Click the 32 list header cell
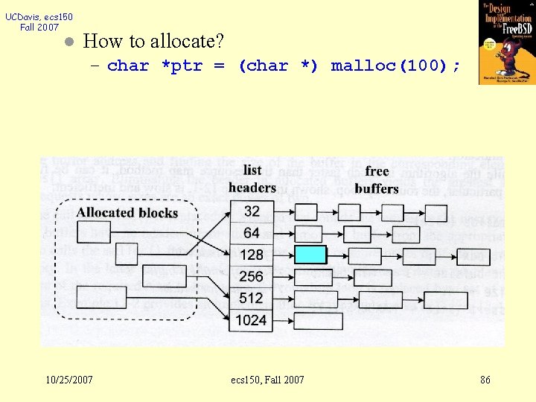tap(252, 211)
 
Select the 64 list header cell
tap(252, 233)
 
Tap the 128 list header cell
tap(252, 255)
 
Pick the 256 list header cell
tap(252, 276)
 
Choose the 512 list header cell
tap(252, 298)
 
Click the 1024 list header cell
tap(252, 320)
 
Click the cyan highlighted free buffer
tap(310, 255)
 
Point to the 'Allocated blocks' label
tap(127, 213)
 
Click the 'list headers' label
tap(252, 179)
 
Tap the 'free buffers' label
tap(377, 179)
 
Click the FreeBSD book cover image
tap(507, 42)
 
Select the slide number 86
tap(485, 380)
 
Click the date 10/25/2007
tap(69, 380)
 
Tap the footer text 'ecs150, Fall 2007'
tap(268, 380)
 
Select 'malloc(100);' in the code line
tap(395, 66)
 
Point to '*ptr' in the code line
tap(182, 66)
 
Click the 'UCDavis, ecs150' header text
tap(39, 16)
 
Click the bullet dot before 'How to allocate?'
tap(67, 42)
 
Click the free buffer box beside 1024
tap(319, 321)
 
